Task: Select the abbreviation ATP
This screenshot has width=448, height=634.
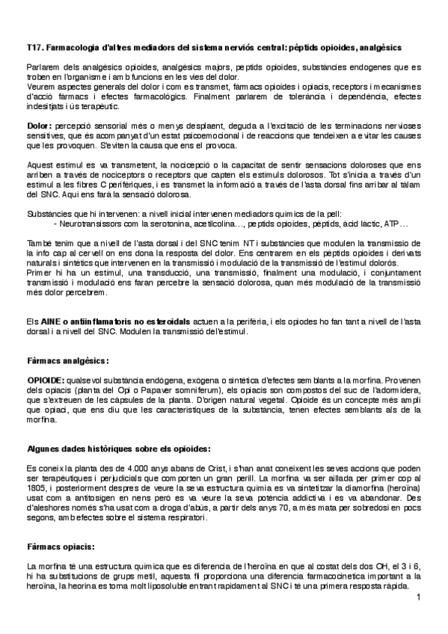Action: (392, 224)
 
